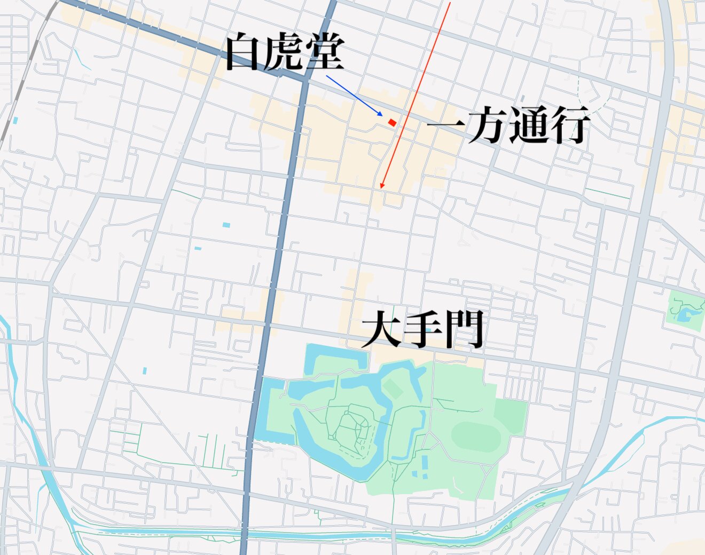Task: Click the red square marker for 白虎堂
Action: coord(392,123)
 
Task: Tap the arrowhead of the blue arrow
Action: coord(381,115)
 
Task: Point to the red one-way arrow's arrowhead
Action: coord(381,186)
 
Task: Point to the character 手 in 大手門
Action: coord(422,329)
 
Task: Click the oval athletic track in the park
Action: coord(475,437)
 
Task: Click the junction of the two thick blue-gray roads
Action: coord(306,80)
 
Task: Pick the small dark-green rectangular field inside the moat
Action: coord(393,388)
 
